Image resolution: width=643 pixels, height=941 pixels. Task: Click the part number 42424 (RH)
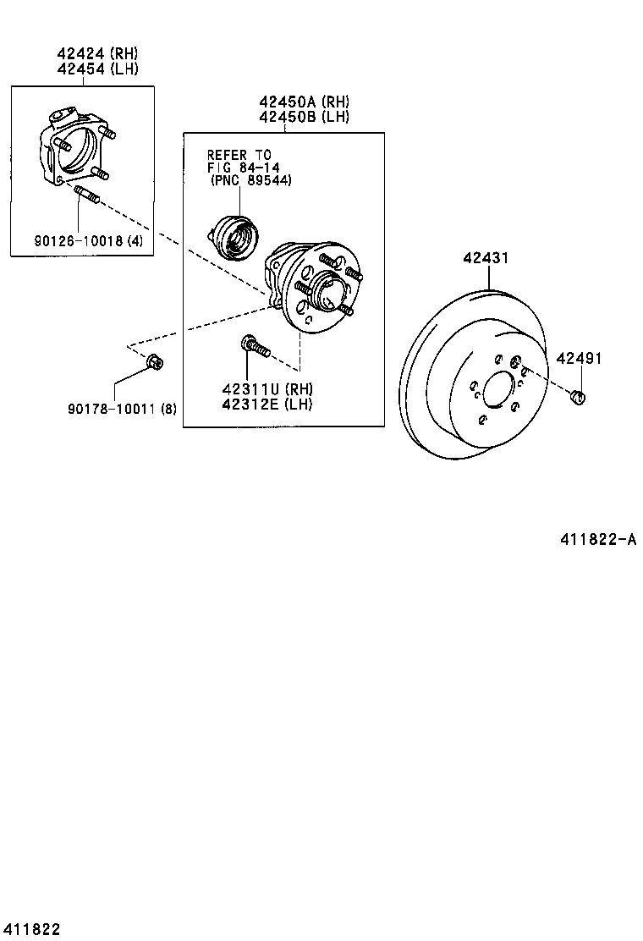[97, 54]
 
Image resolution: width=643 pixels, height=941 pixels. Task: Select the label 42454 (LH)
[97, 69]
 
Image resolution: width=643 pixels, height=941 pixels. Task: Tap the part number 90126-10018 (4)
[89, 241]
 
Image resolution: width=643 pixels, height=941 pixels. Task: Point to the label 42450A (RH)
[304, 102]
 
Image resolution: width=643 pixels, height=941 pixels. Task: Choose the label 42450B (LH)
[304, 118]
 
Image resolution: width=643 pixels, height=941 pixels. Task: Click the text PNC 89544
[251, 181]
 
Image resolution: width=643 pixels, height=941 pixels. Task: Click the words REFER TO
[239, 155]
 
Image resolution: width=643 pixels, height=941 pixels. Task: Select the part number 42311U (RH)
[267, 389]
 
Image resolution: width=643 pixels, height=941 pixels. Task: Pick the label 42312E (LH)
[267, 404]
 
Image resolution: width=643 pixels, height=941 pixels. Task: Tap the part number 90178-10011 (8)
[123, 409]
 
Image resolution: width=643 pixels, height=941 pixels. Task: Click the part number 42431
[485, 258]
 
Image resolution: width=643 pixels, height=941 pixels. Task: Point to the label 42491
[579, 358]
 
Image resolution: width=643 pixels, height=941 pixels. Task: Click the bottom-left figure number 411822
[30, 929]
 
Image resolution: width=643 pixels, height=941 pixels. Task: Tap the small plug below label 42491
[579, 395]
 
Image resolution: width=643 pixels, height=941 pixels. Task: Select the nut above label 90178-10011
[155, 362]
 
